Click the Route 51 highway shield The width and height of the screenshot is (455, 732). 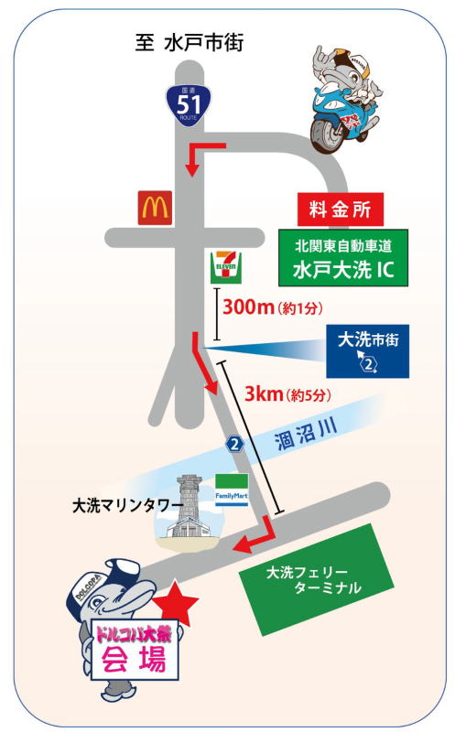click(189, 105)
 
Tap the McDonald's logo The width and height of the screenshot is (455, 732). click(155, 208)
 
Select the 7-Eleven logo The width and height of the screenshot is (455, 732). click(226, 267)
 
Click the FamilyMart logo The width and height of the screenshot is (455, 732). click(232, 490)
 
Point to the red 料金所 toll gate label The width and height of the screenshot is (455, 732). click(341, 210)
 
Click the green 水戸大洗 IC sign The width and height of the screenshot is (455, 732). click(343, 258)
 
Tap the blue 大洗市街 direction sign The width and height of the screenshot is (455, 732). click(368, 351)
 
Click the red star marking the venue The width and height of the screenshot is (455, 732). click(176, 604)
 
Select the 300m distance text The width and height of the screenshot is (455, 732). click(247, 307)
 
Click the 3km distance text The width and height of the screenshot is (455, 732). click(264, 394)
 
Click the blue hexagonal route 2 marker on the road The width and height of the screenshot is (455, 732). click(234, 444)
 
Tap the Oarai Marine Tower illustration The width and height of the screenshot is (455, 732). click(190, 512)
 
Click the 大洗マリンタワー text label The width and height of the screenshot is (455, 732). click(127, 507)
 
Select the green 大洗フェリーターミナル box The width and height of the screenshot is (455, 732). click(317, 580)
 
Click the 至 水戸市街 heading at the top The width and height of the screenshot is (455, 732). click(190, 43)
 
